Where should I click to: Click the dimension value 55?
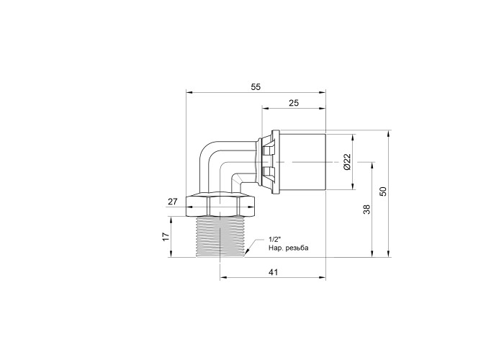tap(256, 87)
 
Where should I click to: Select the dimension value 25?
tap(294, 103)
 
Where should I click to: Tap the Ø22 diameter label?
tap(346, 162)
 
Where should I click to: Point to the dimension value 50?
tap(383, 192)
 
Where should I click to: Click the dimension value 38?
tap(366, 210)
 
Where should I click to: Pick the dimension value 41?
tap(273, 272)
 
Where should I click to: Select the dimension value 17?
tap(166, 237)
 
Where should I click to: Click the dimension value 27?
tap(173, 202)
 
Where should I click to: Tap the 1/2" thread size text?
tap(275, 240)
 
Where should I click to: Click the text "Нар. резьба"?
tap(288, 248)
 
